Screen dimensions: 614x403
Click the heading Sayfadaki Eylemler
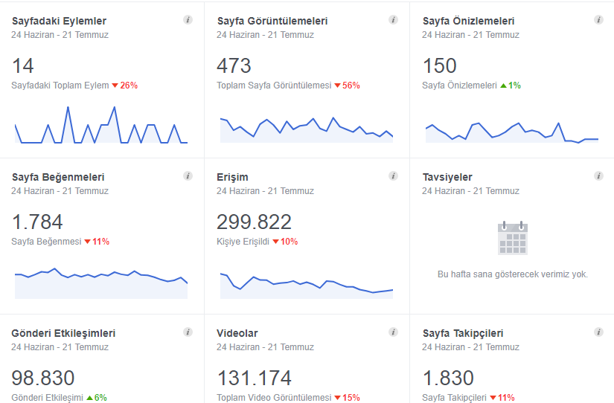click(59, 21)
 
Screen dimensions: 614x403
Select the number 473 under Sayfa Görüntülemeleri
click(234, 65)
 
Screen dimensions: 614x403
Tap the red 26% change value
click(129, 86)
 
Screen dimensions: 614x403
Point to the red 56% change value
click(351, 86)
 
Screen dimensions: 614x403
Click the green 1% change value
click(514, 86)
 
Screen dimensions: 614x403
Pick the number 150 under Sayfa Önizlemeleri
click(440, 65)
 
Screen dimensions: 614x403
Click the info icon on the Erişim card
click(393, 176)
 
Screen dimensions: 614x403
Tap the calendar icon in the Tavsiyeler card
click(513, 238)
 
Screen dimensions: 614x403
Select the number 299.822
click(254, 222)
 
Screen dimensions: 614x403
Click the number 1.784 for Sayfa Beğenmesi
click(37, 222)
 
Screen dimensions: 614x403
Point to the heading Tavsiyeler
click(447, 177)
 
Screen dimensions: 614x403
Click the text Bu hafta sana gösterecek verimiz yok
click(513, 274)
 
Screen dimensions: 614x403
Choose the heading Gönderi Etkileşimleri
click(63, 333)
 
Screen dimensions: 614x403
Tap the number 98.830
click(43, 378)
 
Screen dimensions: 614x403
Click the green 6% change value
click(100, 398)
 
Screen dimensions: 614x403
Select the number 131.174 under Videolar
click(254, 378)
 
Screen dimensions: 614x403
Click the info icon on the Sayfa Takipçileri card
click(598, 332)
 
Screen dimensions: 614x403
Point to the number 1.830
click(448, 378)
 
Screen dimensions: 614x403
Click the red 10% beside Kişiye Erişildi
click(289, 242)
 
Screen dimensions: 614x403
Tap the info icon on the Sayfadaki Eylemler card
click(188, 20)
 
